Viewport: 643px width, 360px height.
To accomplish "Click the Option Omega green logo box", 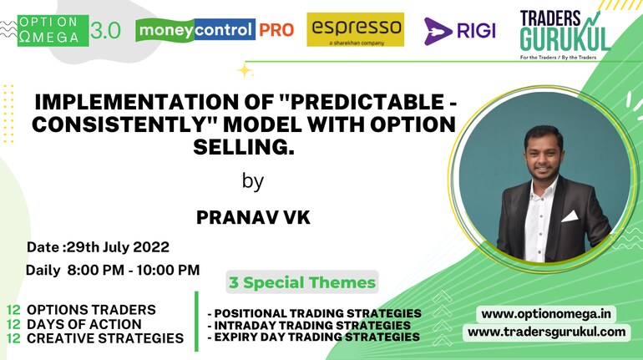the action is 53,30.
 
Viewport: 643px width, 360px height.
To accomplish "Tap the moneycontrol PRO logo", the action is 215,30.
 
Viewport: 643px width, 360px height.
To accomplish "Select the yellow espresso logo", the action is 356,29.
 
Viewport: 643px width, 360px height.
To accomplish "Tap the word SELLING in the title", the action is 244,147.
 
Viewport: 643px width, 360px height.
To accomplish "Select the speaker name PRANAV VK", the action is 253,217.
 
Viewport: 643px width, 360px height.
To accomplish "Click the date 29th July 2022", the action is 118,247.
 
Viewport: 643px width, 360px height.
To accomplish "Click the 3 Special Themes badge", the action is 302,282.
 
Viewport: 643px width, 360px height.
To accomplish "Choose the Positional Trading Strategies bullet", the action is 315,313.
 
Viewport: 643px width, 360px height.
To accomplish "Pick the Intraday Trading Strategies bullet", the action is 309,325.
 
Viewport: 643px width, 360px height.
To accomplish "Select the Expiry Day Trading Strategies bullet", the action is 314,337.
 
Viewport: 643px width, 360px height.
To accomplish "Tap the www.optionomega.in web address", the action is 546,314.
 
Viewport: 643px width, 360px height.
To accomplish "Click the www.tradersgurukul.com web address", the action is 547,332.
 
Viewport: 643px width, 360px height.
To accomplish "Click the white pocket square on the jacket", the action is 570,216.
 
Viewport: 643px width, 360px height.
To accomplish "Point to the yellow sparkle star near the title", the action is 245,70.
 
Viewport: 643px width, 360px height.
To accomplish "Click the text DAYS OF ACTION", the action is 84,324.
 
